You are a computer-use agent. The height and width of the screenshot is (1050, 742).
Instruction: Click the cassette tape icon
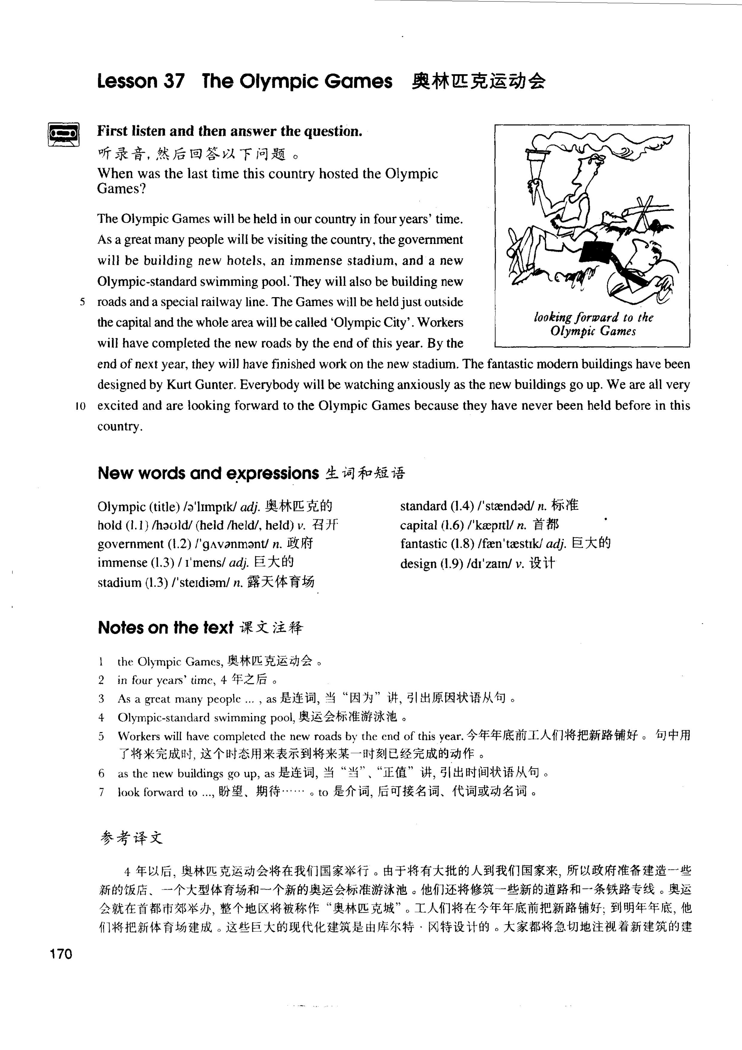pyautogui.click(x=63, y=134)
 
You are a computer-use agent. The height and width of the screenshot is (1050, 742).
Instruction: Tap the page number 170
pyautogui.click(x=61, y=954)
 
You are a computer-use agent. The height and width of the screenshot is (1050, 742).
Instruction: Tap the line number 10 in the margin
pyautogui.click(x=81, y=406)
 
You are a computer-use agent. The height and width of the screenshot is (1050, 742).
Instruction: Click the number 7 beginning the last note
pyautogui.click(x=101, y=792)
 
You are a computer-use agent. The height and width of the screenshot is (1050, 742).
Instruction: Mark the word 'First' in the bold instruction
pyautogui.click(x=112, y=131)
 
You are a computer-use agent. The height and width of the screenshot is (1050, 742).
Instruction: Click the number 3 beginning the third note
pyautogui.click(x=101, y=698)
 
